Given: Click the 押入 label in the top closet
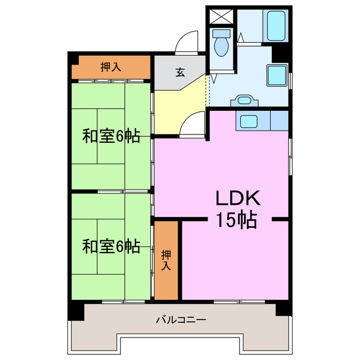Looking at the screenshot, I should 111,67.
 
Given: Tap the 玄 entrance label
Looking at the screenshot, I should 180,72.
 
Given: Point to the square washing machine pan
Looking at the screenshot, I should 276,75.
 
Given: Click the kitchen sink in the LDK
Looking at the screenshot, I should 247,120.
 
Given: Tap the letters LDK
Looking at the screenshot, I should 237,198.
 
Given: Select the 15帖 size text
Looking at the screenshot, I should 237,220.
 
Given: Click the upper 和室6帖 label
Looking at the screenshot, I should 111,136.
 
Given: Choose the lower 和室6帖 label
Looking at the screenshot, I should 111,246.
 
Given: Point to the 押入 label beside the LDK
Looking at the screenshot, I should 166,260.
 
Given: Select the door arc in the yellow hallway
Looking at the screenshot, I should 192,122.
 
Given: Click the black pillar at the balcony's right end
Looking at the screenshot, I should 283,310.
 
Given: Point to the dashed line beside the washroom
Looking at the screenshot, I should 208,90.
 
